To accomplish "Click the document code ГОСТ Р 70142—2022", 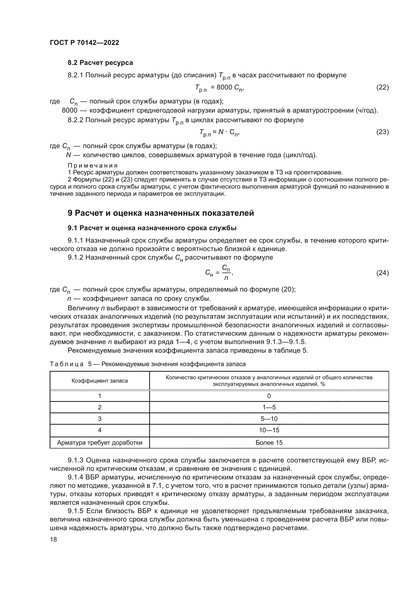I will (84, 43).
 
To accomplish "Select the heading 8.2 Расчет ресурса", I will (100, 63).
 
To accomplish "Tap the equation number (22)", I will (382, 87).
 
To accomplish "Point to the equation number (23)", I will (382, 132).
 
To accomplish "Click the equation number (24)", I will (382, 273).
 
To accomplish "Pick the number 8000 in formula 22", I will (224, 87).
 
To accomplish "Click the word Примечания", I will (93, 165).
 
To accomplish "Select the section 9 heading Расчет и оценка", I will (161, 213).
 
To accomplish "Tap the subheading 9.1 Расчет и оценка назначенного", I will (152, 228).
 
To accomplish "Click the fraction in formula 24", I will (226, 273).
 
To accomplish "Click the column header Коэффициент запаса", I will (100, 381).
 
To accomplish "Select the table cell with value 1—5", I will (269, 407).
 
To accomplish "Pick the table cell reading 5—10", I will (269, 419).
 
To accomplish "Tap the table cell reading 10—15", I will (269, 430).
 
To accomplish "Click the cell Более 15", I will (269, 443).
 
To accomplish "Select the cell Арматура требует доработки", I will (100, 443).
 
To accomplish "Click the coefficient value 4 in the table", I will (100, 430).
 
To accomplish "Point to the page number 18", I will (53, 539).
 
